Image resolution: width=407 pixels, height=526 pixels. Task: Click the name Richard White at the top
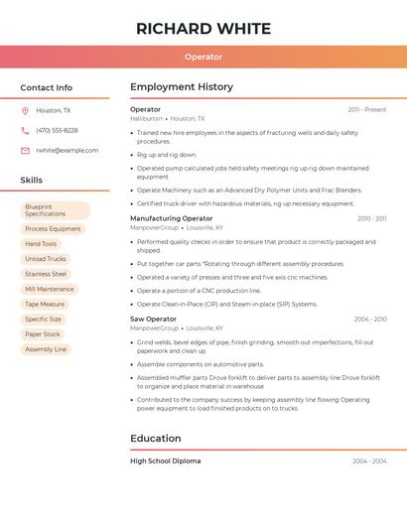[x=203, y=28]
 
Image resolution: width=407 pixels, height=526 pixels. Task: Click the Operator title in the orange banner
[x=203, y=57]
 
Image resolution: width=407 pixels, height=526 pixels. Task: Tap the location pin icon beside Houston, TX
[x=25, y=111]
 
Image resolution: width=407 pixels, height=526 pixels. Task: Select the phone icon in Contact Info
[x=25, y=131]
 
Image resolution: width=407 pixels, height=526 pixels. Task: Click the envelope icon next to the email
[x=25, y=151]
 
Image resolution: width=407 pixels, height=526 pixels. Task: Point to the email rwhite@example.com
[x=67, y=151]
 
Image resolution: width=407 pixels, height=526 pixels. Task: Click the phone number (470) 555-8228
[x=57, y=131]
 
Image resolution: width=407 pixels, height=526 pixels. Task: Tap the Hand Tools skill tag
[x=41, y=244]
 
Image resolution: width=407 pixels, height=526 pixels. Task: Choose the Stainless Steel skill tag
[x=46, y=274]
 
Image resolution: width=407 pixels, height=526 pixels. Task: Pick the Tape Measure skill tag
[x=45, y=305]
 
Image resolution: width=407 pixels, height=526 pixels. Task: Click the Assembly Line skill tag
[x=46, y=349]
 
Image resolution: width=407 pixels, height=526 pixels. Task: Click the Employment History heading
[x=182, y=87]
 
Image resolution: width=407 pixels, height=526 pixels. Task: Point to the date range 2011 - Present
[x=367, y=109]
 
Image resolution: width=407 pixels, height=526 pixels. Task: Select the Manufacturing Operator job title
[x=171, y=218]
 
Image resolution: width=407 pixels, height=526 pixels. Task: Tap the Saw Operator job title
[x=153, y=320]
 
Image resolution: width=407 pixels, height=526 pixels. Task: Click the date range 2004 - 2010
[x=370, y=320]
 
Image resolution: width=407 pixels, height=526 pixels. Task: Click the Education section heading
[x=156, y=439]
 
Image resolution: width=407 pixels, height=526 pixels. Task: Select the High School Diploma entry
[x=165, y=461]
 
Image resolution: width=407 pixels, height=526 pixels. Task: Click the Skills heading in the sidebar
[x=32, y=181]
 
